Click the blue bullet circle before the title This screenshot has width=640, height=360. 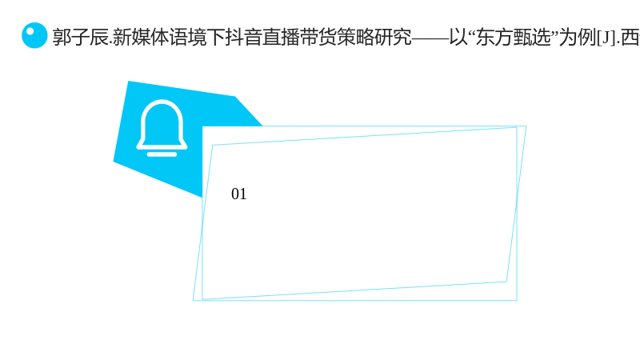point(34,35)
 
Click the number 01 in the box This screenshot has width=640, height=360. point(238,194)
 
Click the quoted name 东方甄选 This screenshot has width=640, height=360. point(514,37)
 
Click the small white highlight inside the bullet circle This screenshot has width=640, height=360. point(30,31)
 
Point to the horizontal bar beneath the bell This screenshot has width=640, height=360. point(162,154)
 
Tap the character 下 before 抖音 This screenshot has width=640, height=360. point(215,37)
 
